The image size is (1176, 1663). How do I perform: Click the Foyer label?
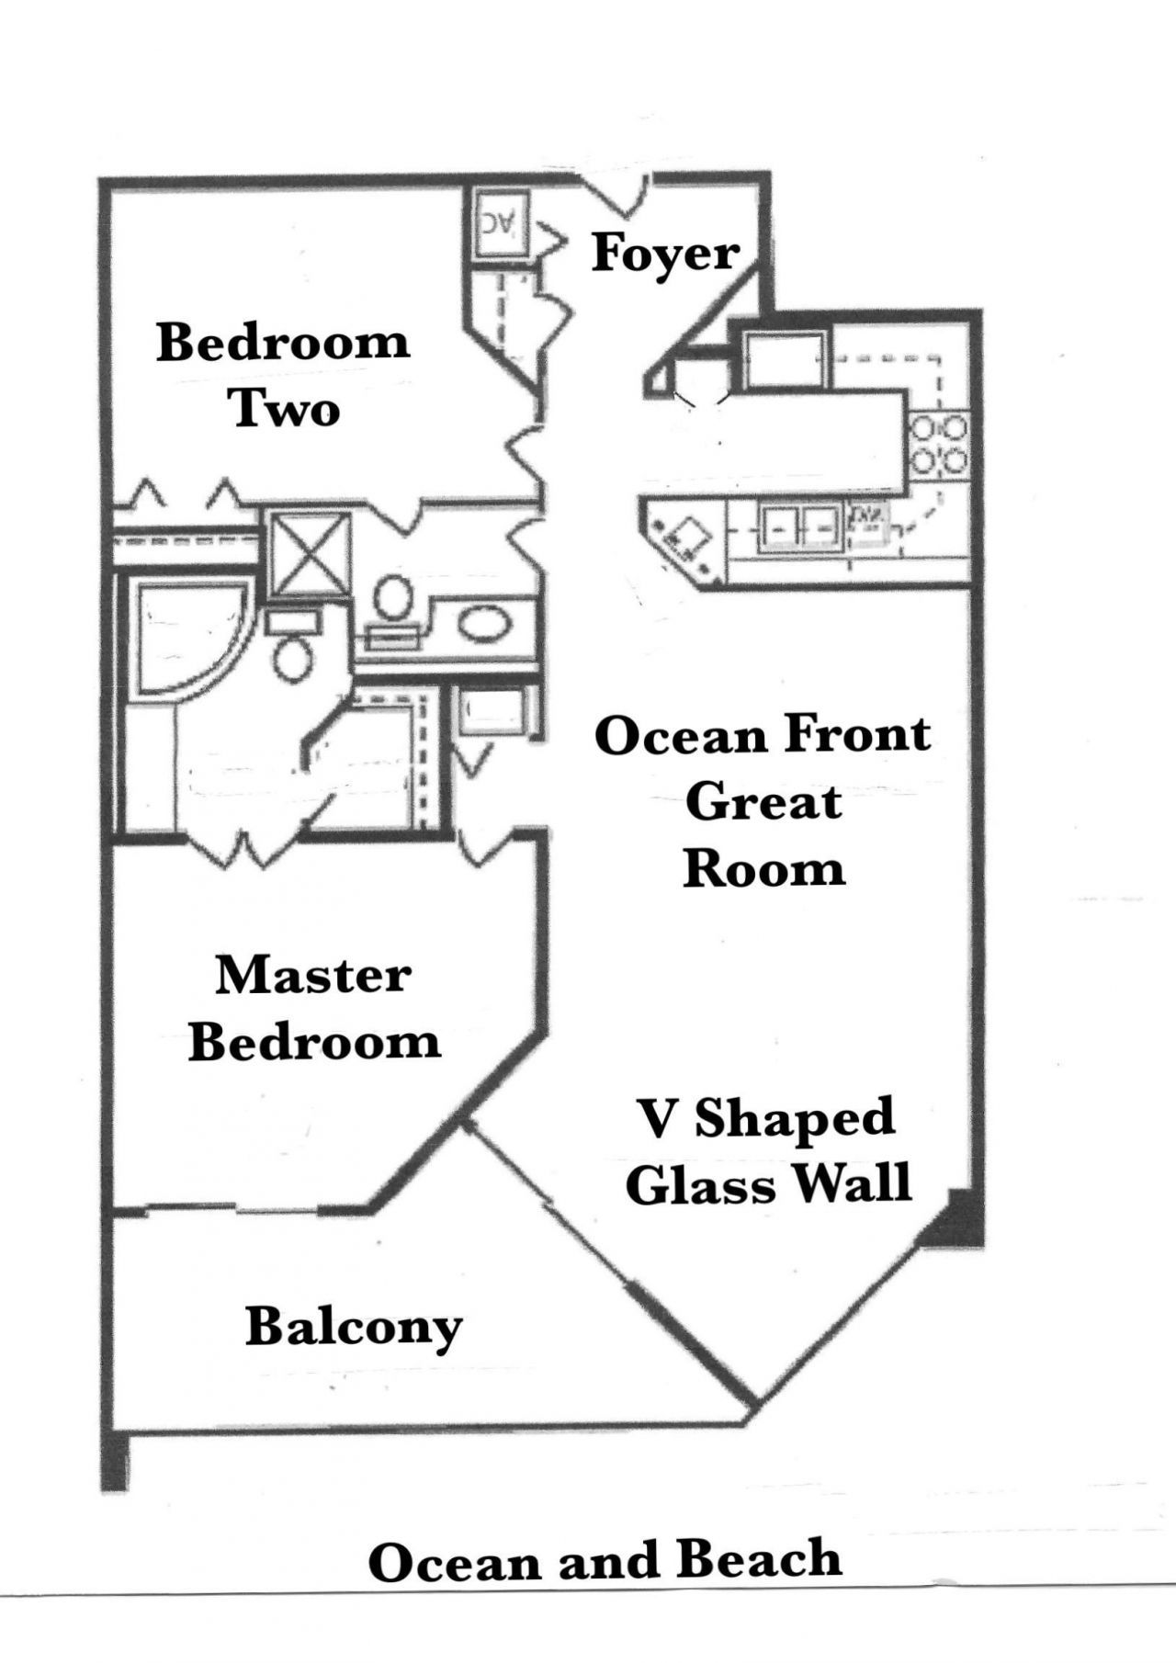click(x=665, y=254)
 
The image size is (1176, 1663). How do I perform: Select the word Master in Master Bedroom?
click(x=312, y=976)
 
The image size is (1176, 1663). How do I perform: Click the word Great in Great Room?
click(x=763, y=803)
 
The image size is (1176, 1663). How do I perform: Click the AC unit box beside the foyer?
click(x=501, y=222)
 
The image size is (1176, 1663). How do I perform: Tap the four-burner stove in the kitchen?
click(x=938, y=444)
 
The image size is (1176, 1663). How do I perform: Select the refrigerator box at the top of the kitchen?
click(x=781, y=360)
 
